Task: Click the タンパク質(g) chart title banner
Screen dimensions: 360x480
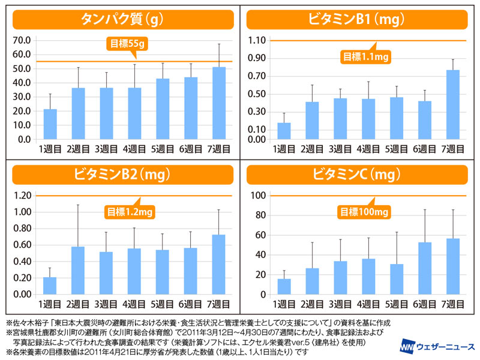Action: point(120,20)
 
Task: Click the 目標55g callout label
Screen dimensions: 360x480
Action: point(127,43)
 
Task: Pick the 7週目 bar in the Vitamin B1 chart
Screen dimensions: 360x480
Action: point(453,105)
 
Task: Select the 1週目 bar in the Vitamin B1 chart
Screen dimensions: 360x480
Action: point(284,131)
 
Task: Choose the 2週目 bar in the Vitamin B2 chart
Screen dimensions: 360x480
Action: point(78,271)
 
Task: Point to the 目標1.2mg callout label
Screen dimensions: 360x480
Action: point(130,212)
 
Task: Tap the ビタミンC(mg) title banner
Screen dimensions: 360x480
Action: point(358,175)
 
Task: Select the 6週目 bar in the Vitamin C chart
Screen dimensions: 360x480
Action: point(425,268)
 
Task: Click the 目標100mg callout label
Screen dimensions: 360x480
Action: point(365,212)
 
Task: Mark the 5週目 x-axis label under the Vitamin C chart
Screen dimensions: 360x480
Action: point(397,304)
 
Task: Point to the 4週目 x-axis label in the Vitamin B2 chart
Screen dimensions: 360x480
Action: point(135,304)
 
